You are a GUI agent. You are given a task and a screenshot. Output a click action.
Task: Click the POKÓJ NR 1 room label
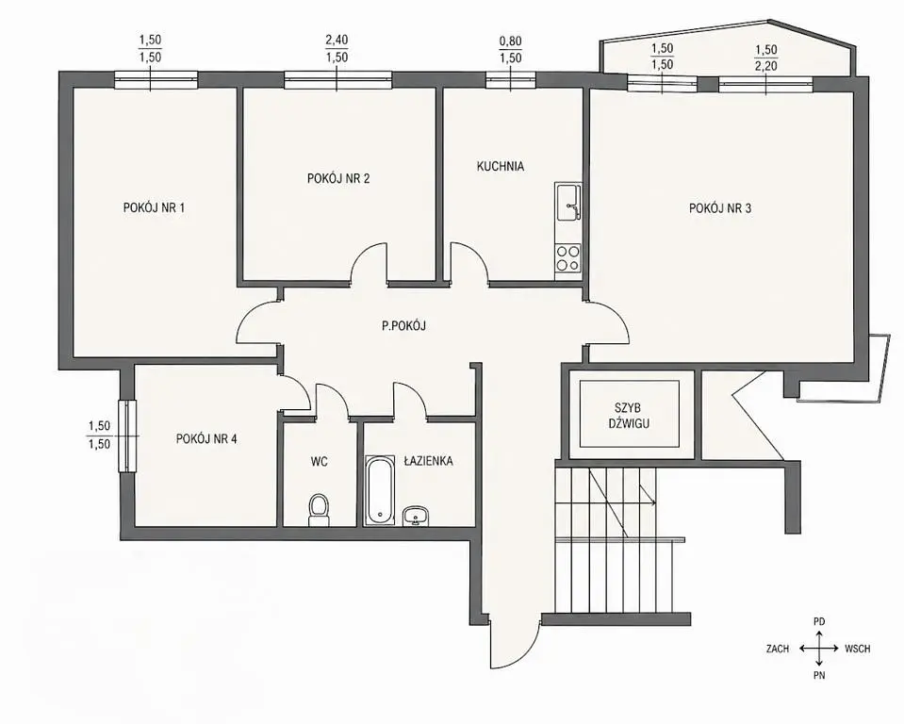coord(154,207)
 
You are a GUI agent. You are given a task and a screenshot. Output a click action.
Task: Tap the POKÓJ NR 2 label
coord(338,178)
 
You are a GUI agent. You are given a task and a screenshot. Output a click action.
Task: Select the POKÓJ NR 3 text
coord(720,208)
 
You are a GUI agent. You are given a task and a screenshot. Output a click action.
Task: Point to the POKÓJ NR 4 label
coord(206,438)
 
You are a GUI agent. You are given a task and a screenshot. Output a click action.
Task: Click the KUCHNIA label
coord(501,166)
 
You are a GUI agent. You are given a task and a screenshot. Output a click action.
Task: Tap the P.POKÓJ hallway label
coord(403,325)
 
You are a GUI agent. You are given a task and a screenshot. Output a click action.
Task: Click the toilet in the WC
coord(319,510)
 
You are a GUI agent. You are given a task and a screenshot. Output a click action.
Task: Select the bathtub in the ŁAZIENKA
coord(379,490)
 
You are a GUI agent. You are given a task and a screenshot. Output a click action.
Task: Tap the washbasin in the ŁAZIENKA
coord(416,516)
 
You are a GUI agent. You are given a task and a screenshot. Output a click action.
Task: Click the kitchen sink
coord(567,203)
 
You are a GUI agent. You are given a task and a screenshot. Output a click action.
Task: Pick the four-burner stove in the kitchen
coord(567,258)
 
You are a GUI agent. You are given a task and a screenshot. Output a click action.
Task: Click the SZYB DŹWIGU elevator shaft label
coord(629,416)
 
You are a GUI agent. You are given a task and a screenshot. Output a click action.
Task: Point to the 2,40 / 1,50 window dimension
coord(337,48)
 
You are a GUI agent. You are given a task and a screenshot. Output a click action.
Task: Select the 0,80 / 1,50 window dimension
coord(510,50)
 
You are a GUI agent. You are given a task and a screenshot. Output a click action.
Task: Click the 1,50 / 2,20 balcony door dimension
coord(766,58)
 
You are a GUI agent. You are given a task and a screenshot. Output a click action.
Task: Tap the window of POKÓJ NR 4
coord(127,436)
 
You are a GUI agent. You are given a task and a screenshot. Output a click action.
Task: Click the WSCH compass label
coord(857,649)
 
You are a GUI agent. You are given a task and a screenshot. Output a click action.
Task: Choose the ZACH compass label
coord(777,649)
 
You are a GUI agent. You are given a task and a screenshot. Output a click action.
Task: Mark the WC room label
coord(319,461)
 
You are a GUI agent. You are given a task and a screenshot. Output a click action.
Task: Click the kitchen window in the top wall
coord(510,80)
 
